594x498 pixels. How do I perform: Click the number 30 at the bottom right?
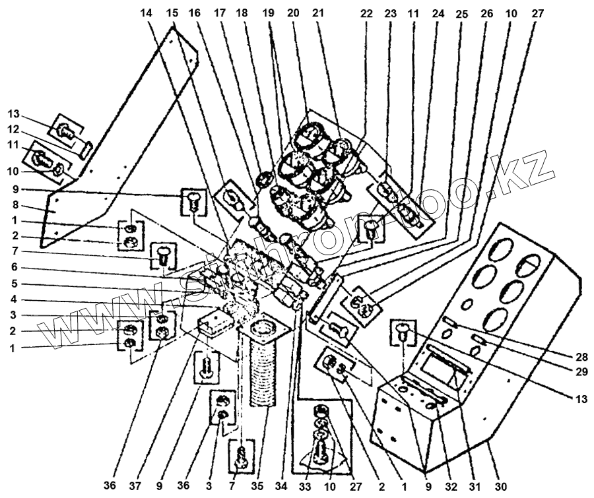click(x=500, y=487)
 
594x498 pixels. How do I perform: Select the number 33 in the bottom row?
click(x=306, y=487)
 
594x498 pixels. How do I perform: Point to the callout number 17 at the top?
click(x=218, y=13)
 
